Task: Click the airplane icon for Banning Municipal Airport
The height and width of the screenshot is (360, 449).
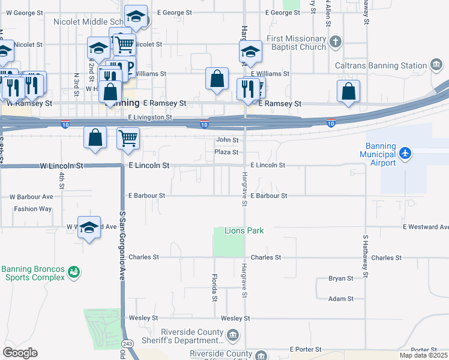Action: click(406, 153)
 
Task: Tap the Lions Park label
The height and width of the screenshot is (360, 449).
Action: click(244, 230)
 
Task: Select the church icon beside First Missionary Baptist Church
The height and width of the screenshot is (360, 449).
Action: click(336, 43)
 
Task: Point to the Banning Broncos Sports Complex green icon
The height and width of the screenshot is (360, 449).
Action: click(74, 273)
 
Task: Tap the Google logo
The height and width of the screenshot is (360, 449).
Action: click(19, 353)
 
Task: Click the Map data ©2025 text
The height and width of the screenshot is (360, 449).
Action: click(424, 355)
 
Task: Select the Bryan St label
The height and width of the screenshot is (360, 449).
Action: click(340, 278)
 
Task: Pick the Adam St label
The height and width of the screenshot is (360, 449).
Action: click(341, 299)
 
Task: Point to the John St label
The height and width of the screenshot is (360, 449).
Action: click(227, 140)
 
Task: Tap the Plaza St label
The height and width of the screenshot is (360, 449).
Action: click(226, 152)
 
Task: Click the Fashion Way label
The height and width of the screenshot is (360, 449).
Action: click(33, 209)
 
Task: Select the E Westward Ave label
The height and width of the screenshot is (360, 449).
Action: click(426, 227)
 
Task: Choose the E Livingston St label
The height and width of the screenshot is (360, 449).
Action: click(149, 118)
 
